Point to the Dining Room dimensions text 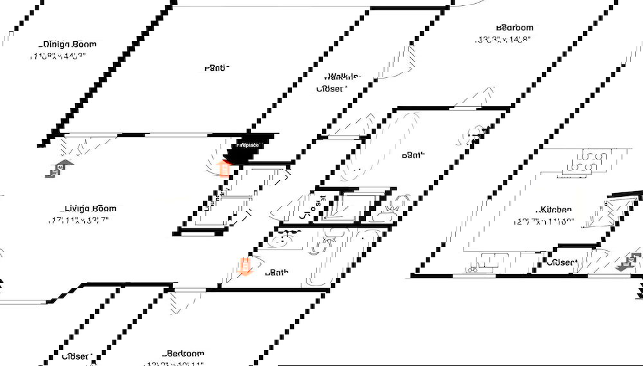(58, 56)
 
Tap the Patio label (217, 68)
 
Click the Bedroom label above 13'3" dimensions (514, 28)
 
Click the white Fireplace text (247, 145)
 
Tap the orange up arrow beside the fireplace (224, 169)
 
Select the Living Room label (91, 208)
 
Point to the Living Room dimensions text (78, 220)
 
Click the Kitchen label (556, 210)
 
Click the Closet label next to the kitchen (561, 262)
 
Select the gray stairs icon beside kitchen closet (630, 262)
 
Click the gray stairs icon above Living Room (58, 169)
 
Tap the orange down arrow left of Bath (245, 266)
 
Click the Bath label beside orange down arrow (277, 273)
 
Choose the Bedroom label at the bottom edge (185, 353)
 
